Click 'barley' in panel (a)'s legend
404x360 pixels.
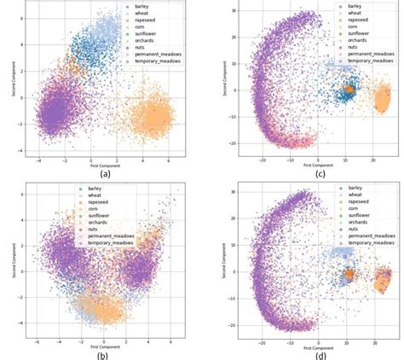[x=139, y=6]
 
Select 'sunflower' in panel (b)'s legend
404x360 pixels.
[x=145, y=218]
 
